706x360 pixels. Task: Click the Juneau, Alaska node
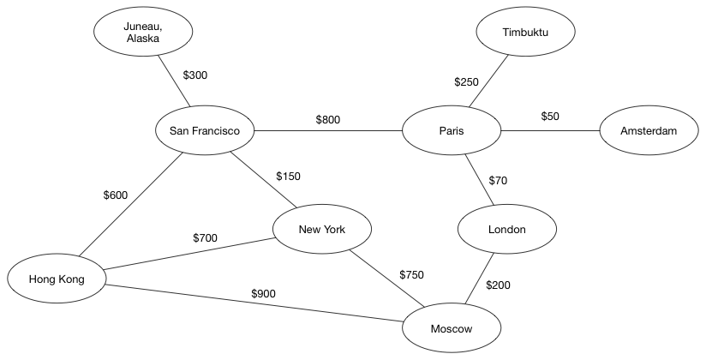[143, 32]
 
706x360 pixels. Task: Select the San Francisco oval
[205, 130]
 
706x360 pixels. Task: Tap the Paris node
[452, 130]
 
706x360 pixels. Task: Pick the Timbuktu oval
[525, 32]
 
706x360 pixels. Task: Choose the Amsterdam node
[649, 130]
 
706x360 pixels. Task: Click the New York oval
[322, 230]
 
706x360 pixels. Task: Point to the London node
[507, 230]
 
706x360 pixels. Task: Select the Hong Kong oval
[57, 279]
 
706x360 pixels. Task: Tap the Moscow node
[452, 328]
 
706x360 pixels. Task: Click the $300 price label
[195, 75]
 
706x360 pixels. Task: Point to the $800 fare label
[328, 120]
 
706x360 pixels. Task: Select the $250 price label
[466, 82]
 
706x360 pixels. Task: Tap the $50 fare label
[550, 117]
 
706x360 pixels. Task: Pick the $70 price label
[498, 181]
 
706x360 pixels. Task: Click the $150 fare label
[288, 177]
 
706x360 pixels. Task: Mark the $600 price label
[116, 195]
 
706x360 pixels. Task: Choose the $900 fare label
[263, 294]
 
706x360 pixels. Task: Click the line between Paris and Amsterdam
[550, 130]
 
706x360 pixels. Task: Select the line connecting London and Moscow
[480, 279]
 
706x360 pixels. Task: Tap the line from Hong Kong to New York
[190, 254]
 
